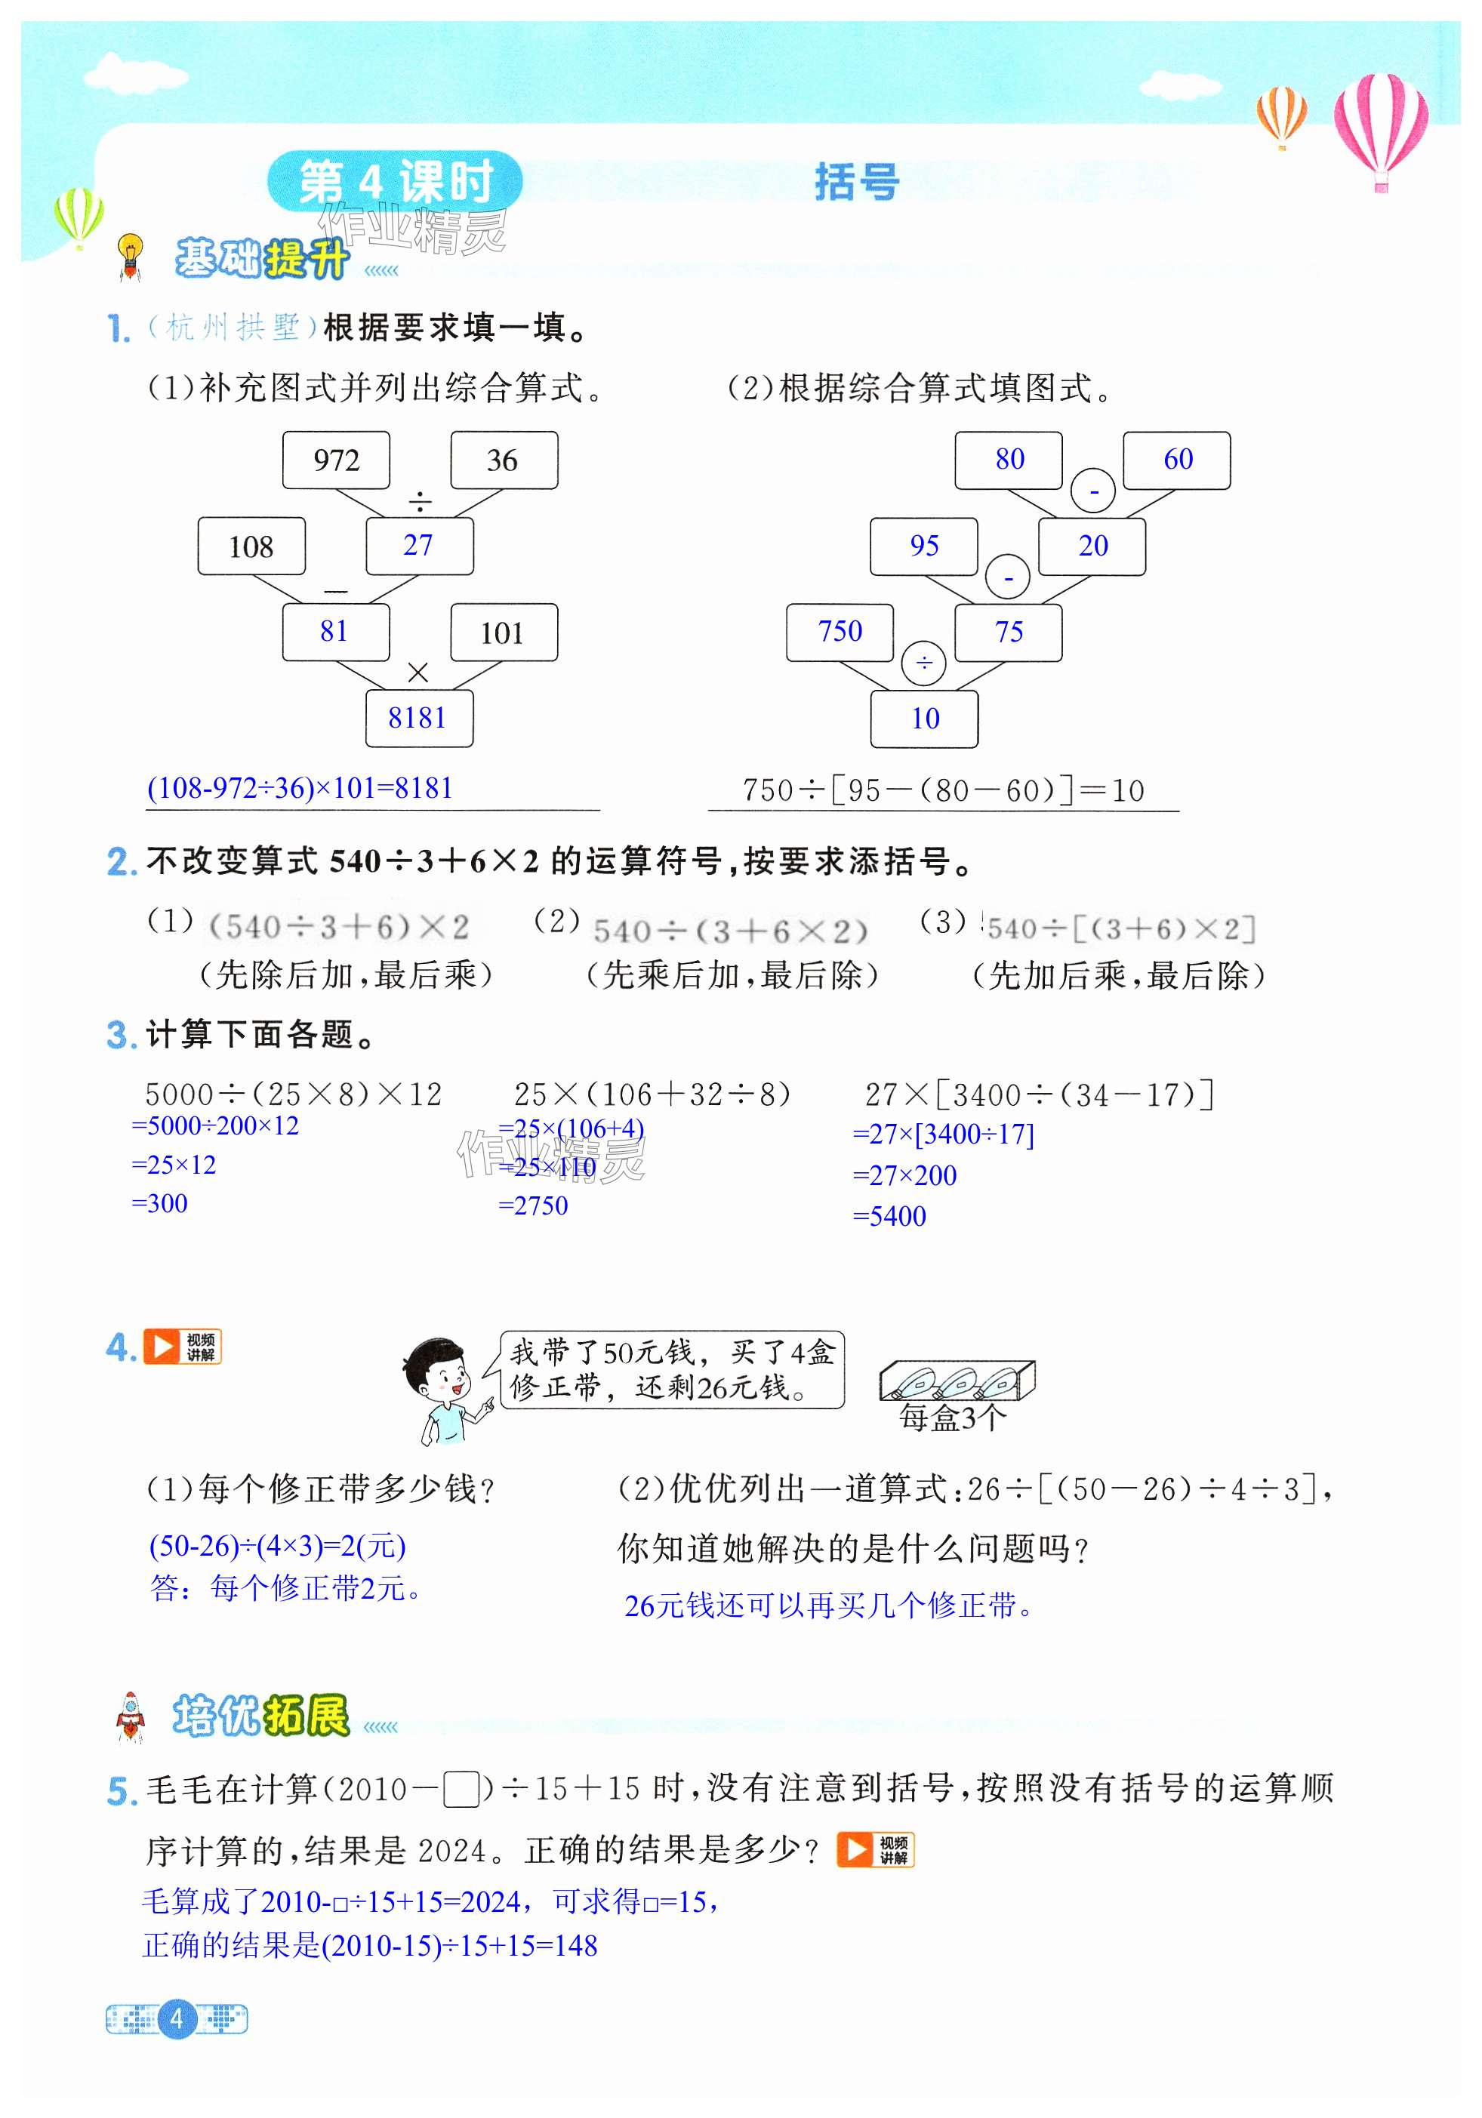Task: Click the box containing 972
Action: tap(336, 460)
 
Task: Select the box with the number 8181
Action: tap(418, 718)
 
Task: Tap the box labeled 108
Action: tap(251, 546)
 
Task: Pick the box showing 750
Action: tap(840, 632)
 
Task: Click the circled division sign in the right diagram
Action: tap(924, 662)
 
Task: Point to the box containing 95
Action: tap(924, 546)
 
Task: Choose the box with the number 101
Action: tap(503, 633)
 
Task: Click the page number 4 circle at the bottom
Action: tap(176, 2018)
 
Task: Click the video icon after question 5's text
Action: tap(875, 1849)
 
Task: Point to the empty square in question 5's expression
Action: tap(461, 1790)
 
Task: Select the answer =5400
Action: tap(889, 1216)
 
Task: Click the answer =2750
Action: tap(533, 1205)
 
